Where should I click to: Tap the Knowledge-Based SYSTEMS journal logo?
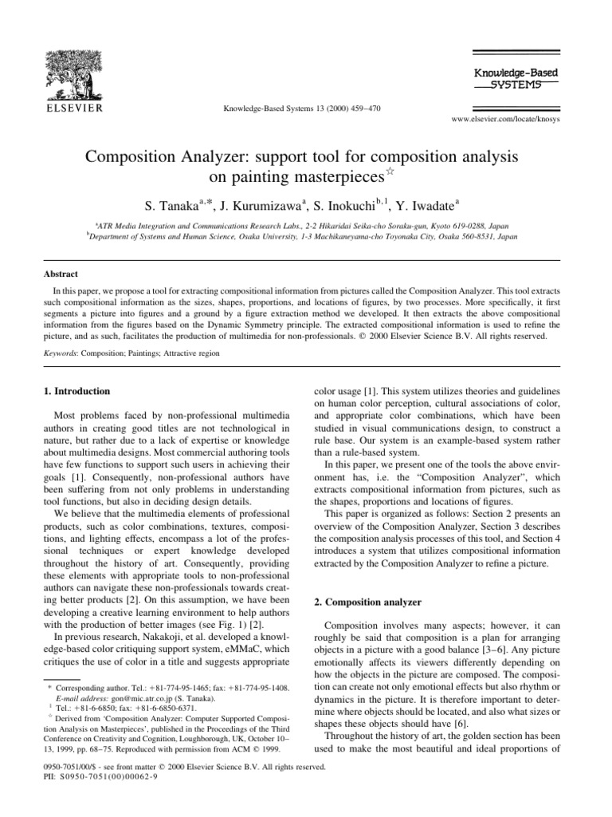tap(504, 77)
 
